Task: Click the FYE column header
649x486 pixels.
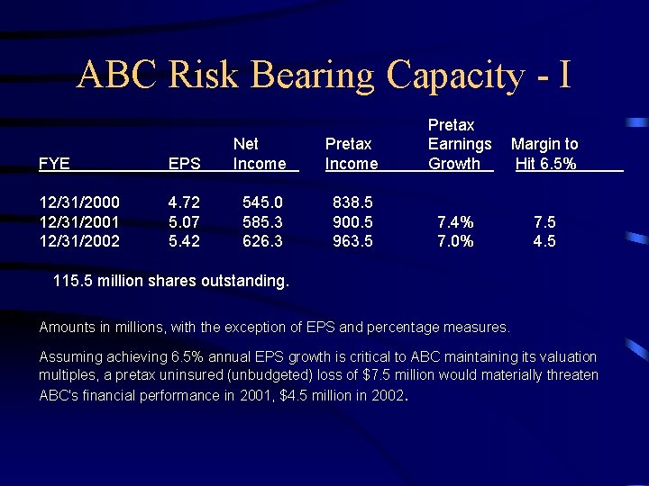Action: click(56, 164)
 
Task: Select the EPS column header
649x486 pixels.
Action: click(184, 164)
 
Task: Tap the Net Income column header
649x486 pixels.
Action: click(259, 154)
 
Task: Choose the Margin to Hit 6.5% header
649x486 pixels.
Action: click(544, 154)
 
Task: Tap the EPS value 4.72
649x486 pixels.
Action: click(186, 202)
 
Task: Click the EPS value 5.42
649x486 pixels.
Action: click(186, 241)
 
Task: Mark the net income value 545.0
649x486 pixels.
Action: click(263, 202)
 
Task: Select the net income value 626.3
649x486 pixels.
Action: click(263, 241)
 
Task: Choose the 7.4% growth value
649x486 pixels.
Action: click(455, 221)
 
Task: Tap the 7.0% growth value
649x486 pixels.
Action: click(455, 241)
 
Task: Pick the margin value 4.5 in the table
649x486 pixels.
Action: click(544, 241)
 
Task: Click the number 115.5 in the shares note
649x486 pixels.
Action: click(72, 281)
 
